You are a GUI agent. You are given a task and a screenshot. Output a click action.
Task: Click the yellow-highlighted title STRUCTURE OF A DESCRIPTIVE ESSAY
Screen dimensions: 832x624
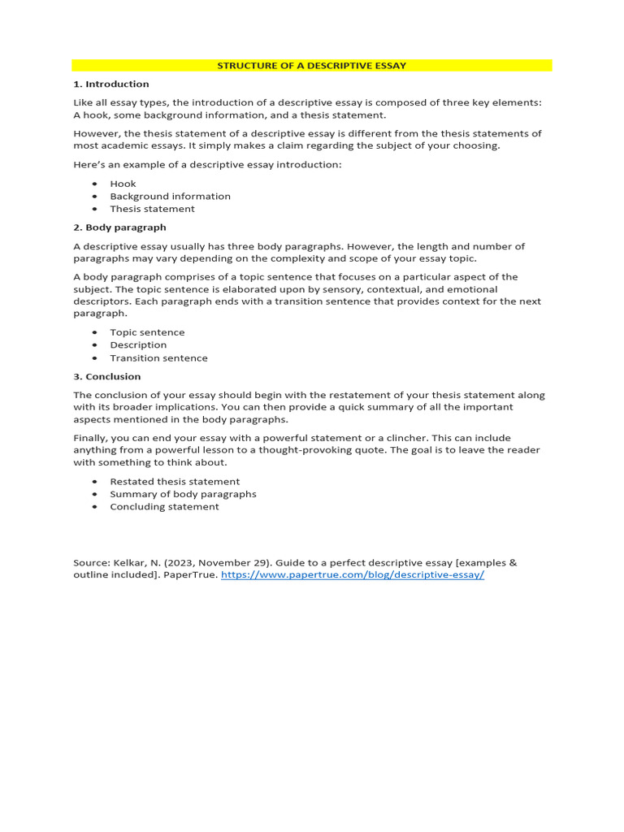pos(311,65)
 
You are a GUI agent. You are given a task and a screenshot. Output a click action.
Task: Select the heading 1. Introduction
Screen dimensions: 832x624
pos(111,84)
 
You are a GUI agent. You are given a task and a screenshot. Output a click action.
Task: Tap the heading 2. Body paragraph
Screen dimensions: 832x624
pos(119,227)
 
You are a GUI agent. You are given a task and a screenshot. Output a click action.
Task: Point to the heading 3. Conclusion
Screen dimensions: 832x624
pos(107,376)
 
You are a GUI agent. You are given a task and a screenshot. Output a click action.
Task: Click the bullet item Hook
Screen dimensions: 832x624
pos(123,184)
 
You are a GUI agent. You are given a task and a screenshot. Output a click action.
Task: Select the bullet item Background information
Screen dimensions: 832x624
pos(170,196)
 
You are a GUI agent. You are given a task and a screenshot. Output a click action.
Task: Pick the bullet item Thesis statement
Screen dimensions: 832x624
pos(153,209)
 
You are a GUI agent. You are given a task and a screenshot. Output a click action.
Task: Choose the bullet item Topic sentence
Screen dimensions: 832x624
pos(147,332)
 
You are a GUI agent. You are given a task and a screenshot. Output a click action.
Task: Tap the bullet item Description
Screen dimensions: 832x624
pos(138,344)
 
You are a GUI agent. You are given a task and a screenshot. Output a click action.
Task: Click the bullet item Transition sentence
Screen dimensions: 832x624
pos(158,357)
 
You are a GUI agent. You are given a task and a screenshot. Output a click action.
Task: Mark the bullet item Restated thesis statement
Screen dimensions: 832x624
pos(175,481)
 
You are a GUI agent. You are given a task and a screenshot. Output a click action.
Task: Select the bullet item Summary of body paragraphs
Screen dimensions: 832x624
pos(183,494)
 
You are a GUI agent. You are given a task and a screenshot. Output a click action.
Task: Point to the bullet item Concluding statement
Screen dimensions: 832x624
pos(164,506)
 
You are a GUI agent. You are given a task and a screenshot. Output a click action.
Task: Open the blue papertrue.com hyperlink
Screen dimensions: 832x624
pos(353,574)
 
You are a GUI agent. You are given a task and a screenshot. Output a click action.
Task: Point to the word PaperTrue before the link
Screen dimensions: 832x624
pos(195,574)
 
